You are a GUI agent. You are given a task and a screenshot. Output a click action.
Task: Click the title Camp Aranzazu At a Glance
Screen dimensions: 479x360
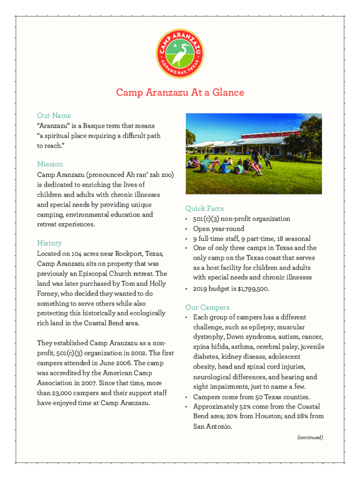point(180,93)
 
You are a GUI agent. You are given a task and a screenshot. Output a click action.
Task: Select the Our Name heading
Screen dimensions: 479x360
point(54,116)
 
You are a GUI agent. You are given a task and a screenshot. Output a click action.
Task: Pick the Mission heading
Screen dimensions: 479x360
point(50,164)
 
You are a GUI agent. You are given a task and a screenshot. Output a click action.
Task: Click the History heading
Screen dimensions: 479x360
point(49,243)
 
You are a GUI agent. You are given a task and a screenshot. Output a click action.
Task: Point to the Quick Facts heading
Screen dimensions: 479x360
point(204,209)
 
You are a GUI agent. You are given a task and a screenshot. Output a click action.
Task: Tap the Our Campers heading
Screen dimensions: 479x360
point(207,307)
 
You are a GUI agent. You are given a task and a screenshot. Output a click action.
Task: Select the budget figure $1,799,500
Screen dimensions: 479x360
point(252,289)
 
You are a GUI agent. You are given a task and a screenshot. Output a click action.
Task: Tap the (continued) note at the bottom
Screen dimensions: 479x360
point(310,437)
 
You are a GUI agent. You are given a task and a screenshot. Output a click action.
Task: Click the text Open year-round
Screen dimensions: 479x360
point(219,229)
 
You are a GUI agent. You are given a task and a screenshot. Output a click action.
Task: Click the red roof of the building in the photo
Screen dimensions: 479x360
point(262,136)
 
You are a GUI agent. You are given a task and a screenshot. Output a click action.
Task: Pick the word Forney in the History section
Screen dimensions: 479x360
point(49,293)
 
